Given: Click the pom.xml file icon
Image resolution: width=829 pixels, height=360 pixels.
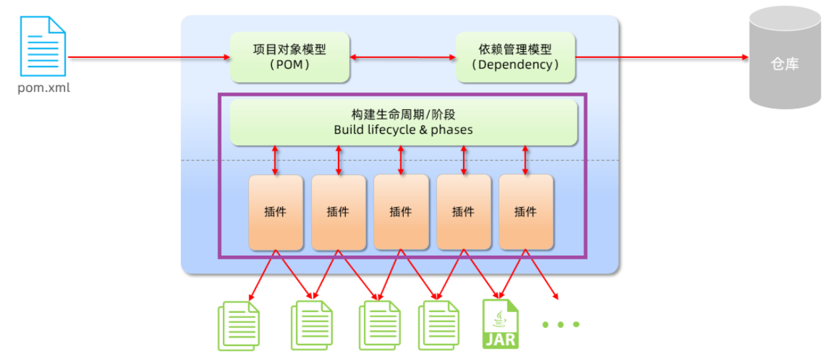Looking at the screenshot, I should pyautogui.click(x=43, y=46).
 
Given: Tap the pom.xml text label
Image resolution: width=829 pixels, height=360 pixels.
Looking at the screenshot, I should pyautogui.click(x=43, y=88).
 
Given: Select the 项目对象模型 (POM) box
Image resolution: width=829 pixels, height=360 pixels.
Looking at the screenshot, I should pyautogui.click(x=289, y=57).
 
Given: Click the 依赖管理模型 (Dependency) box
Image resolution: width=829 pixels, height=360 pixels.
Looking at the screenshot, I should pyautogui.click(x=515, y=57).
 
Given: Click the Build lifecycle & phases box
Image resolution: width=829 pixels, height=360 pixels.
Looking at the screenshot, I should pyautogui.click(x=403, y=122).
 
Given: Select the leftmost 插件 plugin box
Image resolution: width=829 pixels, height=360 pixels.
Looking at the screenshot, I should pyautogui.click(x=275, y=212).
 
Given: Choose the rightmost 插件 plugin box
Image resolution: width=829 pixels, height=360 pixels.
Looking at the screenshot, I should pyautogui.click(x=526, y=212).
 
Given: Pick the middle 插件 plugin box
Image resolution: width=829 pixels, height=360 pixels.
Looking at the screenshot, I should pyautogui.click(x=401, y=212).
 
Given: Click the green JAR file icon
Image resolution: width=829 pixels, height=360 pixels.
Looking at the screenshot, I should pyautogui.click(x=500, y=324).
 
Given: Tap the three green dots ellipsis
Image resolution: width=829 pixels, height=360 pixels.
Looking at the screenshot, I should pyautogui.click(x=561, y=325).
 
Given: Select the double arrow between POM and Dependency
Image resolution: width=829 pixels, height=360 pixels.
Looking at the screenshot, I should pyautogui.click(x=403, y=57).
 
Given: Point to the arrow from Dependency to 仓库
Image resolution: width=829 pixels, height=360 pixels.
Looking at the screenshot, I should pyautogui.click(x=662, y=57).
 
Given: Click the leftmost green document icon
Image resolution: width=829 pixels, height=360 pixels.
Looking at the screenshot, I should pyautogui.click(x=238, y=325).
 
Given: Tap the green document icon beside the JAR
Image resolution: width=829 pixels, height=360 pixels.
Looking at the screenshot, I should pyautogui.click(x=438, y=325).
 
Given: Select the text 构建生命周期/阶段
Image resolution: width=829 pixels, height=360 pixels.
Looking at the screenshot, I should pyautogui.click(x=403, y=115).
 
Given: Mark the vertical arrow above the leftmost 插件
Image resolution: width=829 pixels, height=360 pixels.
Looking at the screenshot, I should pyautogui.click(x=275, y=160).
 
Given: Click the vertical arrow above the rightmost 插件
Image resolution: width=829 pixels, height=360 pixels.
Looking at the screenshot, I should pyautogui.click(x=526, y=160).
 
